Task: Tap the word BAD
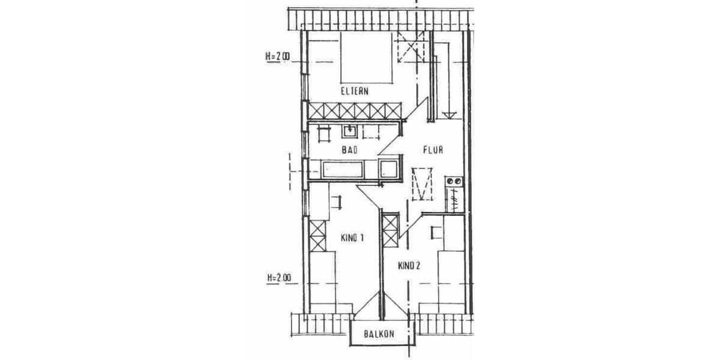[349, 150]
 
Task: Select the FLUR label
[432, 150]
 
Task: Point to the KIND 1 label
[353, 238]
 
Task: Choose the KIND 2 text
[407, 266]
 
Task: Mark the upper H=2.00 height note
[277, 57]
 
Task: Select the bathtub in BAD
[342, 169]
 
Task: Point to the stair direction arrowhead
[447, 115]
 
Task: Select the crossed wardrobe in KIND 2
[389, 230]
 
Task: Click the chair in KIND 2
[435, 232]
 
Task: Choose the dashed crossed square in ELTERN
[411, 48]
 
